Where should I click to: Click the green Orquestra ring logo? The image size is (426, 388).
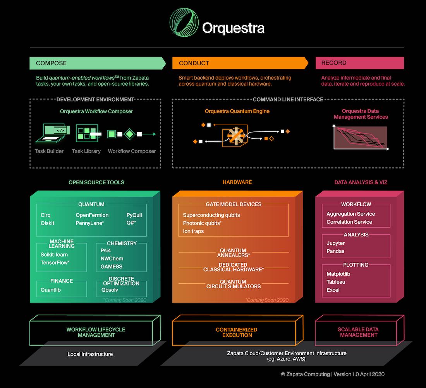tap(183, 23)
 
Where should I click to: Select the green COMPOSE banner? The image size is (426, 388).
tap(97, 63)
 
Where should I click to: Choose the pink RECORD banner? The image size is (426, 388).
tap(359, 63)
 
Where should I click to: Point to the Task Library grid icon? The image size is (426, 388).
tap(86, 134)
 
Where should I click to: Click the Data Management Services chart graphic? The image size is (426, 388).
tap(360, 137)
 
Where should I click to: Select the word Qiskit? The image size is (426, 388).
tap(47, 223)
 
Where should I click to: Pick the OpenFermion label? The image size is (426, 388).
tap(92, 215)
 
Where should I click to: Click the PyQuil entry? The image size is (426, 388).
tap(134, 215)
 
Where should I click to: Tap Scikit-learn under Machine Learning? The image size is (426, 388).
tap(54, 255)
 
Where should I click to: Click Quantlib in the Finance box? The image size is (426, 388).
tap(51, 289)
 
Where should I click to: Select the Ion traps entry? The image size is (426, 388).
tap(193, 231)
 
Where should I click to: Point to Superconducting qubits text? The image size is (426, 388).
tap(211, 215)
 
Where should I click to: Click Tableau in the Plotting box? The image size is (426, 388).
tap(336, 282)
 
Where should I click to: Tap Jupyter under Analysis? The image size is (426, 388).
tap(335, 243)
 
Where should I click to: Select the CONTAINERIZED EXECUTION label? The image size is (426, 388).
tap(237, 332)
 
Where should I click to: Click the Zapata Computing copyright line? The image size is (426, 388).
tap(333, 374)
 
